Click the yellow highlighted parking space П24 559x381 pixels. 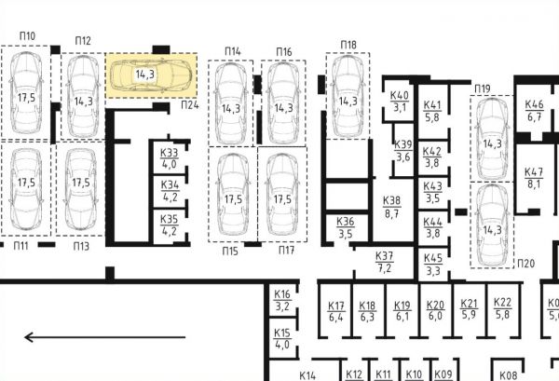pos(151,75)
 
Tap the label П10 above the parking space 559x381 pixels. pos(27,36)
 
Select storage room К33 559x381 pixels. pos(169,157)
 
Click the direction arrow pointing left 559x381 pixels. pos(104,337)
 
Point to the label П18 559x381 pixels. pos(348,45)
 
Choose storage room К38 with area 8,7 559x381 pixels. pos(391,207)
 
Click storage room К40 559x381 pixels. pos(400,102)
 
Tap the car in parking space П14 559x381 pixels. pos(231,103)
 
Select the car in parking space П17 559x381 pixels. pos(282,195)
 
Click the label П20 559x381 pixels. pos(525,264)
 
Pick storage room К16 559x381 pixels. pos(282,301)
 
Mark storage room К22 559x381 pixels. pos(502,308)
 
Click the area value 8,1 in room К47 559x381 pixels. pos(534,184)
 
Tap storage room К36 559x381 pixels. pos(346,227)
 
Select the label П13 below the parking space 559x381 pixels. pos(81,246)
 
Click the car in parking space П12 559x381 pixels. pos(83,96)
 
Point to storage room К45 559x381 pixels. pos(433,265)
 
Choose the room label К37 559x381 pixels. pos(384,256)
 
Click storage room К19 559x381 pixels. pos(402,311)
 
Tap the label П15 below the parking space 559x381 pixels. pos(230,252)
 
